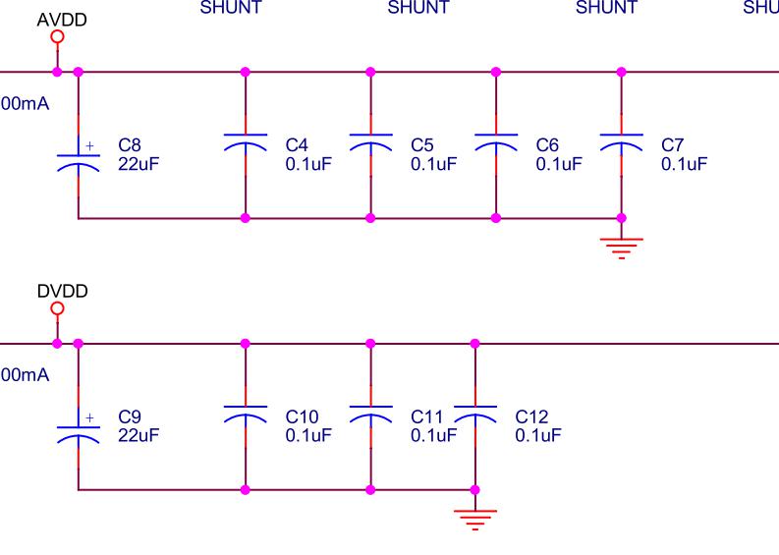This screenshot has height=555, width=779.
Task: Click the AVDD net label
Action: pyautogui.click(x=55, y=19)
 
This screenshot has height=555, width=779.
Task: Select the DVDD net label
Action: pyautogui.click(x=62, y=291)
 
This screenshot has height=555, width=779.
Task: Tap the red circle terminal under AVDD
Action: pyautogui.click(x=57, y=37)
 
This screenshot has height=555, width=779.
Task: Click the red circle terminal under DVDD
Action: pyautogui.click(x=57, y=308)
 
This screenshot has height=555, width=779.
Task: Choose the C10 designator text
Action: pyautogui.click(x=301, y=417)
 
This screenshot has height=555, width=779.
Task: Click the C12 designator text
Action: pyautogui.click(x=531, y=417)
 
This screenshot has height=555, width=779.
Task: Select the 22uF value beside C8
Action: pyautogui.click(x=139, y=163)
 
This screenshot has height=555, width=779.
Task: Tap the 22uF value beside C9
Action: pyautogui.click(x=139, y=434)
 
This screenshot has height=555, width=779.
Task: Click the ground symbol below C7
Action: pyautogui.click(x=621, y=246)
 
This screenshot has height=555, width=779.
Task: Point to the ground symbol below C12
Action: pyautogui.click(x=475, y=518)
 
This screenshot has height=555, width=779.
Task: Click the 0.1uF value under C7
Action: pyautogui.click(x=684, y=163)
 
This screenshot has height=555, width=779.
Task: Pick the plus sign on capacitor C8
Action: pyautogui.click(x=90, y=145)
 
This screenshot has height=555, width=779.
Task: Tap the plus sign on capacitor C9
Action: pyautogui.click(x=90, y=417)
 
